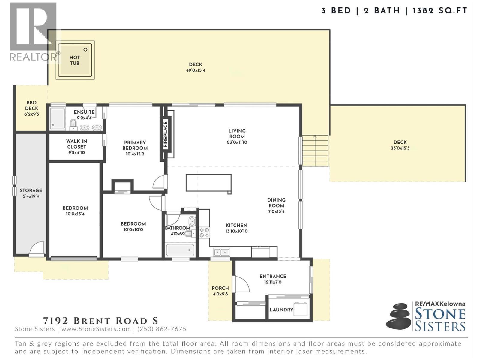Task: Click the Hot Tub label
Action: (x=75, y=60)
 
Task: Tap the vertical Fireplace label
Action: (x=165, y=134)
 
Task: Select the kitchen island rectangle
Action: (x=208, y=182)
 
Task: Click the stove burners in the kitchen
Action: (x=205, y=232)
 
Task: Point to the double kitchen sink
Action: (x=222, y=252)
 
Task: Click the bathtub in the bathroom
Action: (x=180, y=250)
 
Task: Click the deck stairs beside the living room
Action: (x=315, y=150)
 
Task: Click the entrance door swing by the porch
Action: (x=242, y=284)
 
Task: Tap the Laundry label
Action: (x=281, y=310)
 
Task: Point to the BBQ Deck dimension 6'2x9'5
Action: (x=32, y=114)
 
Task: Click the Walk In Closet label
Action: (x=76, y=144)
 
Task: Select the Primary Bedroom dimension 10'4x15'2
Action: (x=135, y=154)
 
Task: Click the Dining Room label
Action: (x=276, y=203)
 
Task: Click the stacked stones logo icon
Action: (x=398, y=316)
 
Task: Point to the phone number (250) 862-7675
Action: (x=162, y=329)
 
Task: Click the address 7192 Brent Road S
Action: (x=100, y=321)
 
